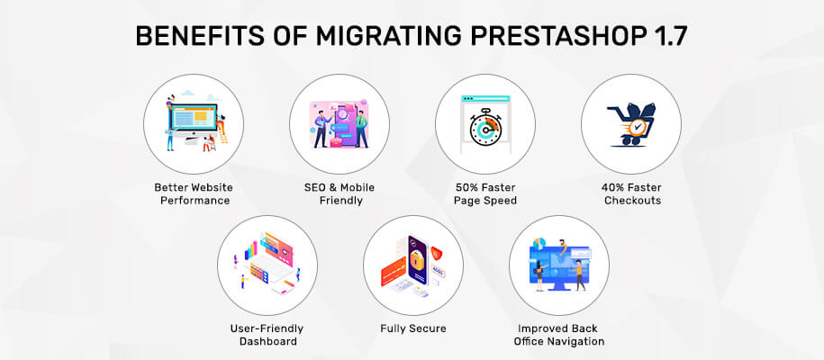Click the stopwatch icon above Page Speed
coord(485,128)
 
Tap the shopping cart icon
coord(630,124)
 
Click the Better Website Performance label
coord(194,193)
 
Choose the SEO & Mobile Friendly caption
coord(340,193)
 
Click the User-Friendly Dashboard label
coord(267,335)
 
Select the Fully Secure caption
coord(413,329)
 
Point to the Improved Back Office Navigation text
coord(558,335)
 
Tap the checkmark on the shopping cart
coord(638,127)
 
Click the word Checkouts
coord(632,201)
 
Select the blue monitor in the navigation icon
coord(558,266)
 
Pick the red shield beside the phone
coord(435,254)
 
